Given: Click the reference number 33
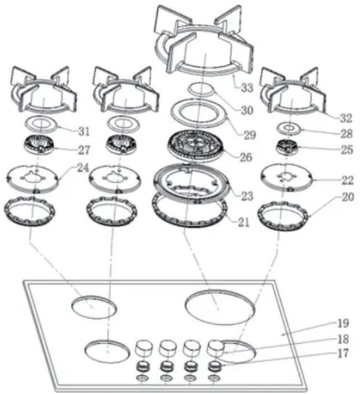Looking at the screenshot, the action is (x=247, y=88).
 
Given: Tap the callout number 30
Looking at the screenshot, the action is (x=247, y=110).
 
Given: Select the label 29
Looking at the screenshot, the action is (x=250, y=135).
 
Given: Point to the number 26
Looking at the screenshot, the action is (x=246, y=157).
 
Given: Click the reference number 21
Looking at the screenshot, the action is (x=244, y=222).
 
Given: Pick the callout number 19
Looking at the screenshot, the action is (x=343, y=324).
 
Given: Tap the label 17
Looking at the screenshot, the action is (x=343, y=353).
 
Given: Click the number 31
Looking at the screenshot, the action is (x=84, y=131).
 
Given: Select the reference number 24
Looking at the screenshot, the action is (x=83, y=168).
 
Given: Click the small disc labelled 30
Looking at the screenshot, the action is (x=201, y=89).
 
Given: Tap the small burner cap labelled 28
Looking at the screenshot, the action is (x=289, y=129).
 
